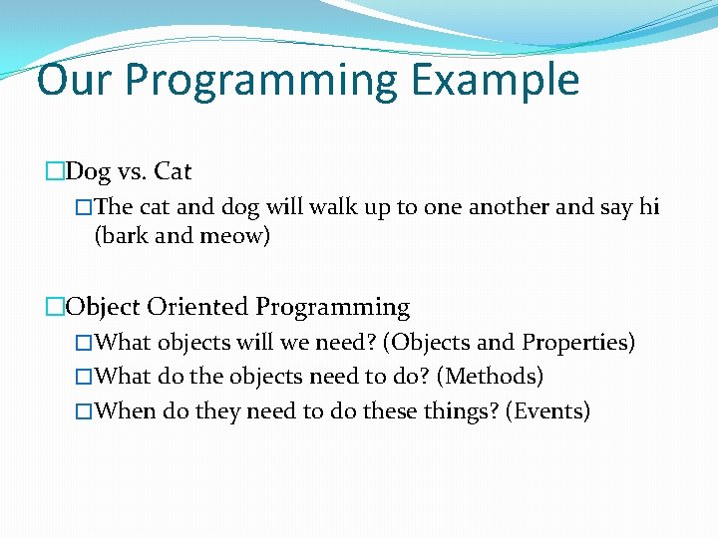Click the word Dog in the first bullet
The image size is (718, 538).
pos(88,172)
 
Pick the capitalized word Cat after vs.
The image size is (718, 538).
pos(173,172)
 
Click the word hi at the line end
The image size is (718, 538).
pos(649,207)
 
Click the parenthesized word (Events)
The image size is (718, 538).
pos(547,410)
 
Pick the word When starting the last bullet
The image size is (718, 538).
pos(128,410)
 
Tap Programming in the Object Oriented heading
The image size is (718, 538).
pos(333,308)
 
